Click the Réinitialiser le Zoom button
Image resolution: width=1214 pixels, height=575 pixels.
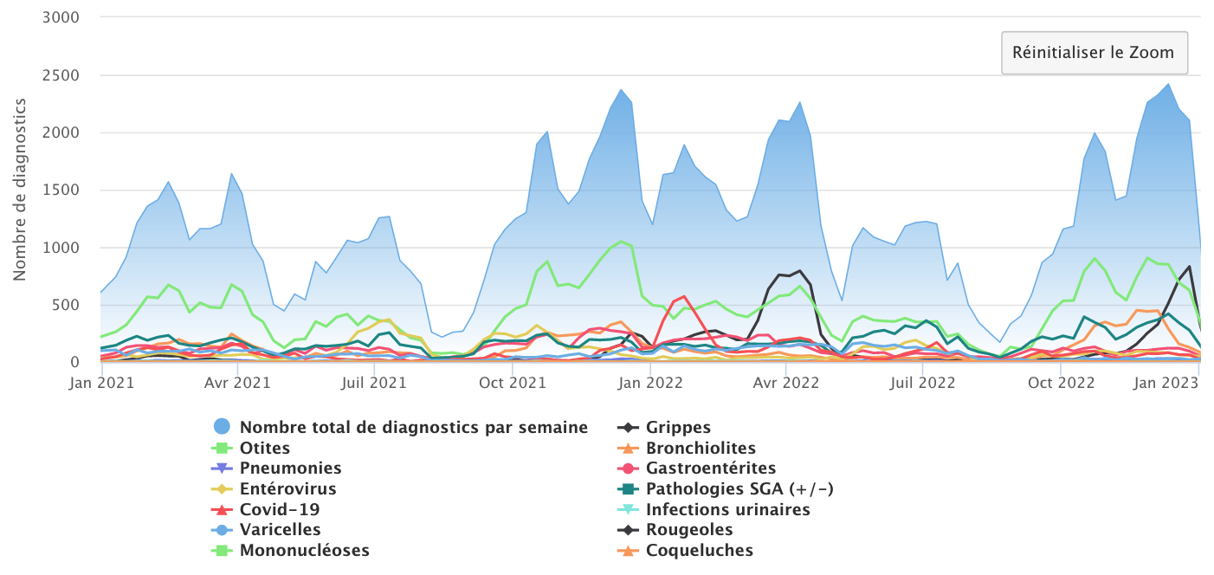(x=1095, y=53)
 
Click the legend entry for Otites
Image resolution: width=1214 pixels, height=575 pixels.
(x=265, y=448)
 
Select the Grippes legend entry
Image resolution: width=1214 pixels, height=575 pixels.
(x=678, y=427)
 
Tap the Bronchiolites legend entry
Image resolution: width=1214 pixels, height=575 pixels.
(x=701, y=448)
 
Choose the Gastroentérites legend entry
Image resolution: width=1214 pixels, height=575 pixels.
(x=711, y=468)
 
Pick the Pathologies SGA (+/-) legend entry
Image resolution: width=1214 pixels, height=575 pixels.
(x=739, y=489)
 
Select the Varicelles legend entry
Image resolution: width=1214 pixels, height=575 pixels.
(x=280, y=529)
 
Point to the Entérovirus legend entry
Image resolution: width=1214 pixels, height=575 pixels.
(x=287, y=489)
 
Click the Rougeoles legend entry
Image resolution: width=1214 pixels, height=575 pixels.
(x=689, y=529)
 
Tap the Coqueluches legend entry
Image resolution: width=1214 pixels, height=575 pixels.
(x=700, y=550)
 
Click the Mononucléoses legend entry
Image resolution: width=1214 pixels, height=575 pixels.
(x=304, y=550)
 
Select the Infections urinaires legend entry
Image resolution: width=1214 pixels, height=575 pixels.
(x=727, y=509)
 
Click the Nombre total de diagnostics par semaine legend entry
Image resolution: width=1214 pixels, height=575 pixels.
(x=413, y=427)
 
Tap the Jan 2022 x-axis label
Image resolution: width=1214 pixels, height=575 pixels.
(x=649, y=382)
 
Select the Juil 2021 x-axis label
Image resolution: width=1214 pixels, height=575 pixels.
(x=374, y=382)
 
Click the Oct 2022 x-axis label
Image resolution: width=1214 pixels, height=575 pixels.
(x=1060, y=382)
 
